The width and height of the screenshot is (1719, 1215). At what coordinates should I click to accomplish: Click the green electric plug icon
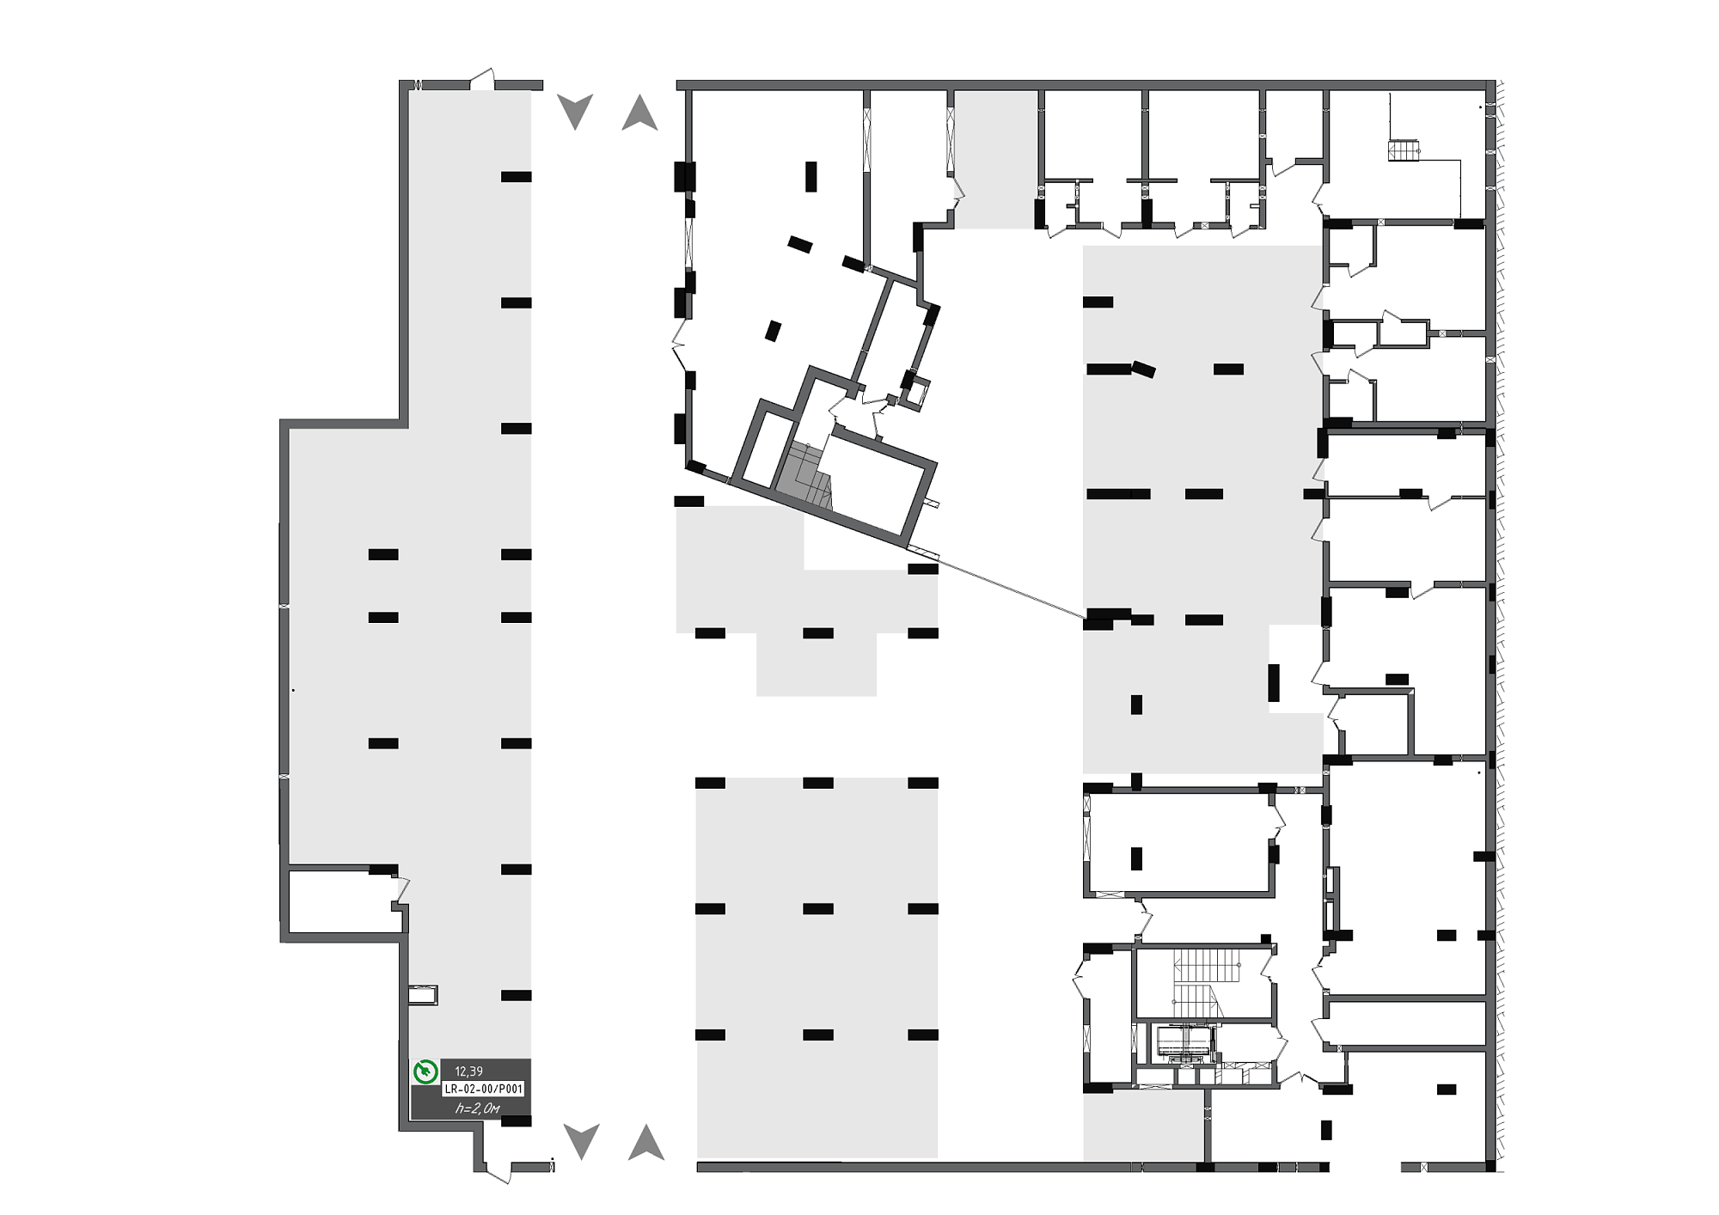425,1072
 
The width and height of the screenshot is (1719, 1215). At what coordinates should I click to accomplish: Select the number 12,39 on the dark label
468,1072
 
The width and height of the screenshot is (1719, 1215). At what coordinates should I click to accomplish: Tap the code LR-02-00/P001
483,1089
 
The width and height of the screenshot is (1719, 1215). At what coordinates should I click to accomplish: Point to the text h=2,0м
477,1108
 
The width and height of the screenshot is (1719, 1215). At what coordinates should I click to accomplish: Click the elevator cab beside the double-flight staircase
1185,1042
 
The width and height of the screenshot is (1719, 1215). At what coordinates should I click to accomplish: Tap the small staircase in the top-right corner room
1403,150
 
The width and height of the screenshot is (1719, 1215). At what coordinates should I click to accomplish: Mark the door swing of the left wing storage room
401,889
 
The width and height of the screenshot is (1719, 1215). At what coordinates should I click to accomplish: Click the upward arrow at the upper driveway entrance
639,113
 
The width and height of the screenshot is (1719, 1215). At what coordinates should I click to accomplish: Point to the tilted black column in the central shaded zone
1143,369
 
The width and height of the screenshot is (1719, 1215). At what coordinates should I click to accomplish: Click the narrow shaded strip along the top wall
995,160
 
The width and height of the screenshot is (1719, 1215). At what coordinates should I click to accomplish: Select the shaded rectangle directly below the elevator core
1143,1126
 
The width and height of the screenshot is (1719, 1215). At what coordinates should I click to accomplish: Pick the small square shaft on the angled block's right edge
917,391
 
